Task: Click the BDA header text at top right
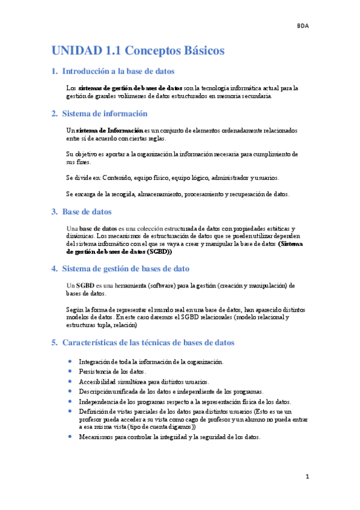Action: (303, 26)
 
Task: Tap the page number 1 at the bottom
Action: (307, 477)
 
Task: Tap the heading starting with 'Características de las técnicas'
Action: (148, 342)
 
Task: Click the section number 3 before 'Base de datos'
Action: (54, 212)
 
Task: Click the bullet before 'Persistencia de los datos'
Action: (70, 372)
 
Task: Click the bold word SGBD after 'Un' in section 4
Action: (86, 285)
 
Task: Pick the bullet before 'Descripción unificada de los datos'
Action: (70, 391)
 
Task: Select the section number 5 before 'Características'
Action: (54, 342)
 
